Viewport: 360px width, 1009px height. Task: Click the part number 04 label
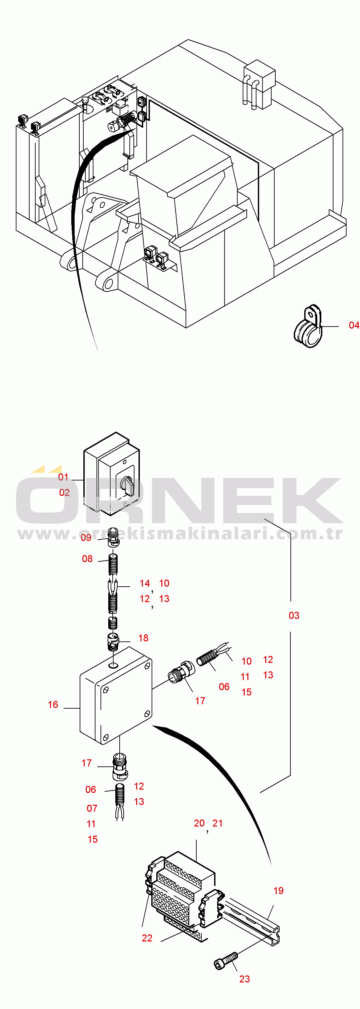(x=354, y=325)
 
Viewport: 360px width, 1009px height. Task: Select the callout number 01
(x=63, y=477)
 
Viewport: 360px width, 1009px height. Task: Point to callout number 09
(x=86, y=537)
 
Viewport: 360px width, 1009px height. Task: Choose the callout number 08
(x=87, y=558)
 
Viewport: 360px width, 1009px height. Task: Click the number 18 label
(x=144, y=638)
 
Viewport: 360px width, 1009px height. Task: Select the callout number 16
(x=53, y=705)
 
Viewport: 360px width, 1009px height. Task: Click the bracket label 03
(x=294, y=615)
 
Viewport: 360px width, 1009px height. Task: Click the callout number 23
(x=244, y=979)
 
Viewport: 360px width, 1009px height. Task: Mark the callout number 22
(x=147, y=938)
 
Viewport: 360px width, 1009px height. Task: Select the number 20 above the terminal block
(x=199, y=823)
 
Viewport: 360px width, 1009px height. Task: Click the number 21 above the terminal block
(x=217, y=823)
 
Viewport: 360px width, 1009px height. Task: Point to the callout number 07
(x=92, y=808)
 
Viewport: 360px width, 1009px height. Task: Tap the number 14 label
(x=145, y=583)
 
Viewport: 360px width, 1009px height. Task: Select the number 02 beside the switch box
(x=64, y=492)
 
